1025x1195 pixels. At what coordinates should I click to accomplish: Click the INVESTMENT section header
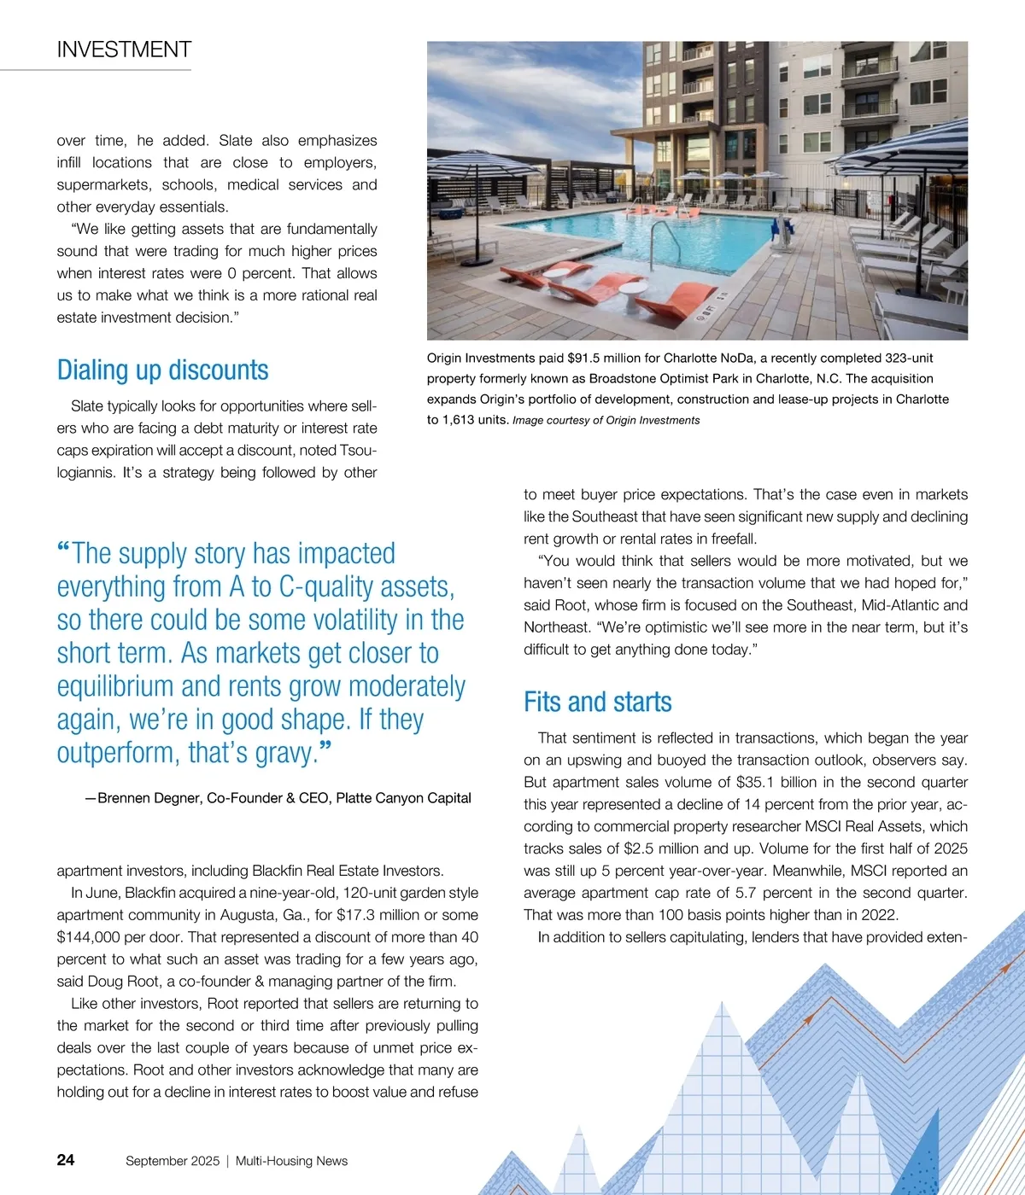124,50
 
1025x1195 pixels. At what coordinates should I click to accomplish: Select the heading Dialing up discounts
162,370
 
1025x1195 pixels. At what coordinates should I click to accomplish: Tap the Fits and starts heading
597,702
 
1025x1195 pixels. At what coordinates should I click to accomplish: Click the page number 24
66,1159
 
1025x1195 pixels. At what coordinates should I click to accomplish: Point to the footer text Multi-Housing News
291,1161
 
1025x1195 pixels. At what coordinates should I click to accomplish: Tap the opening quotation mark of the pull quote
63,550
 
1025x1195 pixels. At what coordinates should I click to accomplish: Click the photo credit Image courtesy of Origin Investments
606,420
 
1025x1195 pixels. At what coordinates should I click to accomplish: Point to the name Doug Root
116,982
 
